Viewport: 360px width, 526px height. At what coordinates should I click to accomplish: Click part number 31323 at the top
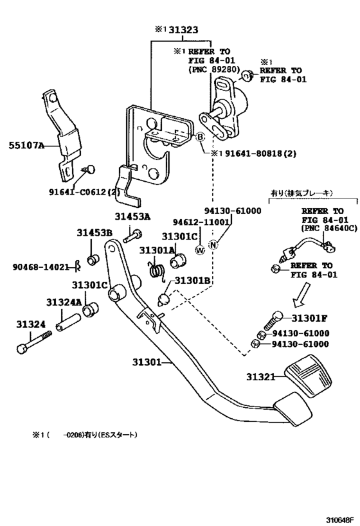click(x=183, y=30)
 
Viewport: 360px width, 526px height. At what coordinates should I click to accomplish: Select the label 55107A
click(x=26, y=146)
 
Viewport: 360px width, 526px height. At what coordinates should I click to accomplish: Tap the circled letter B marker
click(x=200, y=137)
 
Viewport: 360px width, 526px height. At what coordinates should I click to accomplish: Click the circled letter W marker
click(x=200, y=250)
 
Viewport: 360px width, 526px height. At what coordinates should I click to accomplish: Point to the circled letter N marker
click(x=213, y=245)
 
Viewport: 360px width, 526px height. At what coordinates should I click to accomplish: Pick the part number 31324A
click(x=64, y=302)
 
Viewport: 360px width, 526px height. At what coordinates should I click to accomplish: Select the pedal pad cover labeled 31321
click(x=308, y=376)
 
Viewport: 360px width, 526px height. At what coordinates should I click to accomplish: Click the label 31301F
click(x=309, y=318)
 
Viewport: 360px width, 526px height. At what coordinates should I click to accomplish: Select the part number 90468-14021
click(x=40, y=267)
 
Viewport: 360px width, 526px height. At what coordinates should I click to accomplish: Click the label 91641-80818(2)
click(x=261, y=153)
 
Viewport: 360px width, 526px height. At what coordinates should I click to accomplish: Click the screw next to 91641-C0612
click(x=89, y=169)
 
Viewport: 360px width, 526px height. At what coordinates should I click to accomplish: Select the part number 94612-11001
click(x=201, y=222)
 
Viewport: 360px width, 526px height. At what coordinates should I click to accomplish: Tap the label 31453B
click(x=94, y=232)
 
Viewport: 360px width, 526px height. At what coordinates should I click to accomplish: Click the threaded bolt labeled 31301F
click(x=273, y=320)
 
